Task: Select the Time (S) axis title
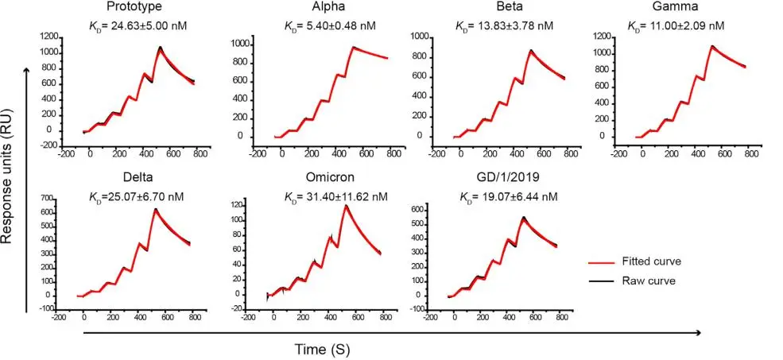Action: point(322,348)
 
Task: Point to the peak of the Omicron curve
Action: point(346,206)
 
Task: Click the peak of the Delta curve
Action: point(155,209)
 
